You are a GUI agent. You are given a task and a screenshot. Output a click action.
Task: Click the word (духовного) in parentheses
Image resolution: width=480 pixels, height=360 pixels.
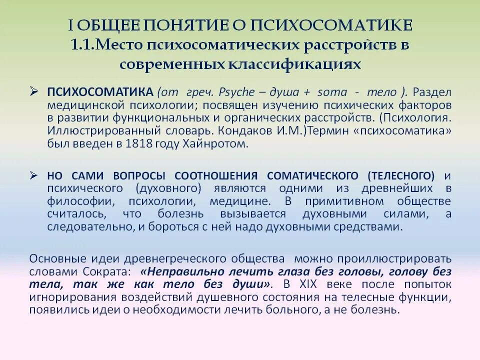pos(168,188)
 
